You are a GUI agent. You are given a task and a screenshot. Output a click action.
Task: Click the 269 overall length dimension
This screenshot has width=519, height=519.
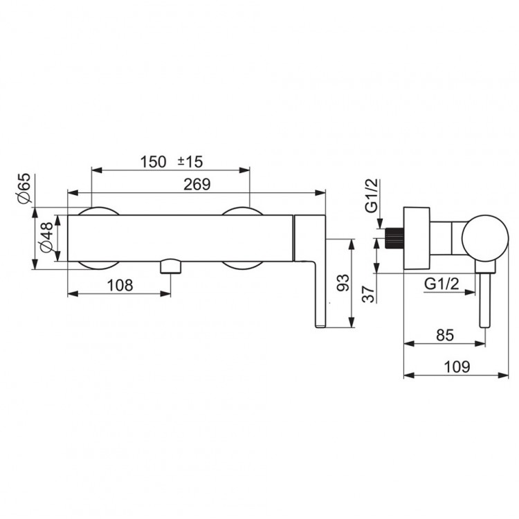[197, 184]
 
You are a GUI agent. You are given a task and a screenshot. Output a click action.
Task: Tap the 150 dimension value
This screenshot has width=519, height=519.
[153, 162]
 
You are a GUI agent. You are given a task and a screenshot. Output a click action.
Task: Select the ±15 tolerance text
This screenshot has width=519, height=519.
[190, 161]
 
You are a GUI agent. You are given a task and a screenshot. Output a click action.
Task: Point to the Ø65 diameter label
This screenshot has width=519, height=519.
[24, 188]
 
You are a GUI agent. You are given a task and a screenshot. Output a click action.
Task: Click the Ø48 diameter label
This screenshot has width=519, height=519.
[46, 237]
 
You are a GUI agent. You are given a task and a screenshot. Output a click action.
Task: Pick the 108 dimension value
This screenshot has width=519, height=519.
[120, 285]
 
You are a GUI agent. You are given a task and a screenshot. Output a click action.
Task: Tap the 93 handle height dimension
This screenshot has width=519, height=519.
[343, 282]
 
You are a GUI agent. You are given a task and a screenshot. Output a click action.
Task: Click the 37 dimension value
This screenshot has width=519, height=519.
[368, 294]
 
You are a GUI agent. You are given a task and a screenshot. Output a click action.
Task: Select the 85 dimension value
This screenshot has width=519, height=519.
[445, 336]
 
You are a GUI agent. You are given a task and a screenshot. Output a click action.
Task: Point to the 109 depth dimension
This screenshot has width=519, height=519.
[457, 367]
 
